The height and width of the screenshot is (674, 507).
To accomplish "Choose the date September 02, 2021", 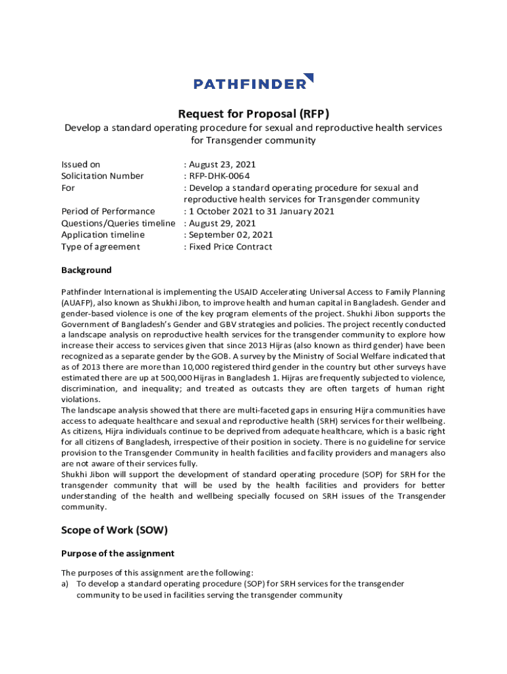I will pyautogui.click(x=230, y=235).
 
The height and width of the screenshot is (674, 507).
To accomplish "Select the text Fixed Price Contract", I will pyautogui.click(x=230, y=247).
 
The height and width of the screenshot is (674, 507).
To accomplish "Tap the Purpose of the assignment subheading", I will pyautogui.click(x=118, y=554).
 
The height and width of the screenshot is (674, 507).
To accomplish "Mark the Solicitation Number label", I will pyautogui.click(x=102, y=176).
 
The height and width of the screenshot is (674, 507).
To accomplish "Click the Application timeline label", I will pyautogui.click(x=103, y=235).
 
